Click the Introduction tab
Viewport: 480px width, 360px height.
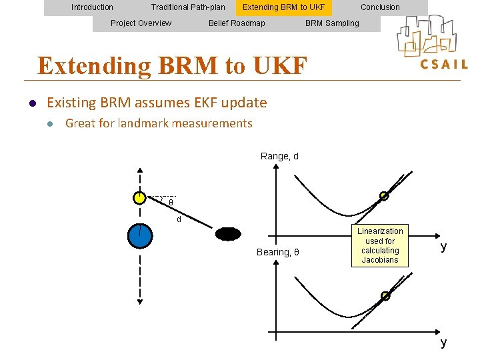92,7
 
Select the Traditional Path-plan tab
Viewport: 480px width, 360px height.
188,7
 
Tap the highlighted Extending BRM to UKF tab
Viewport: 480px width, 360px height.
283,7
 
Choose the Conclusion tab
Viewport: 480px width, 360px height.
380,7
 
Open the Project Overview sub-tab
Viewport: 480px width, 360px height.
141,23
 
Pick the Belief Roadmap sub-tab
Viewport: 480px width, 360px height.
237,23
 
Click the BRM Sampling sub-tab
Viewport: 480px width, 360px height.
332,23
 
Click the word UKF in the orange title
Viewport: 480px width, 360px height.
279,66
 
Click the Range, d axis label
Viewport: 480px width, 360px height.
279,156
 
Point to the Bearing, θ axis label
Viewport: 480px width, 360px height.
278,252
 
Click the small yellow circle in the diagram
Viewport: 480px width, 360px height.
139,197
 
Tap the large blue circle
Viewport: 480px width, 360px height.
140,235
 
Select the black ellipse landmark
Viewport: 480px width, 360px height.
228,234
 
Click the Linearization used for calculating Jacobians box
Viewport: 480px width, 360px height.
380,246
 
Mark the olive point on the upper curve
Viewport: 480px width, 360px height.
384,196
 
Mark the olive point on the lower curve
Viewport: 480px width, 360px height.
385,295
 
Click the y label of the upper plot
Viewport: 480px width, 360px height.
443,247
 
